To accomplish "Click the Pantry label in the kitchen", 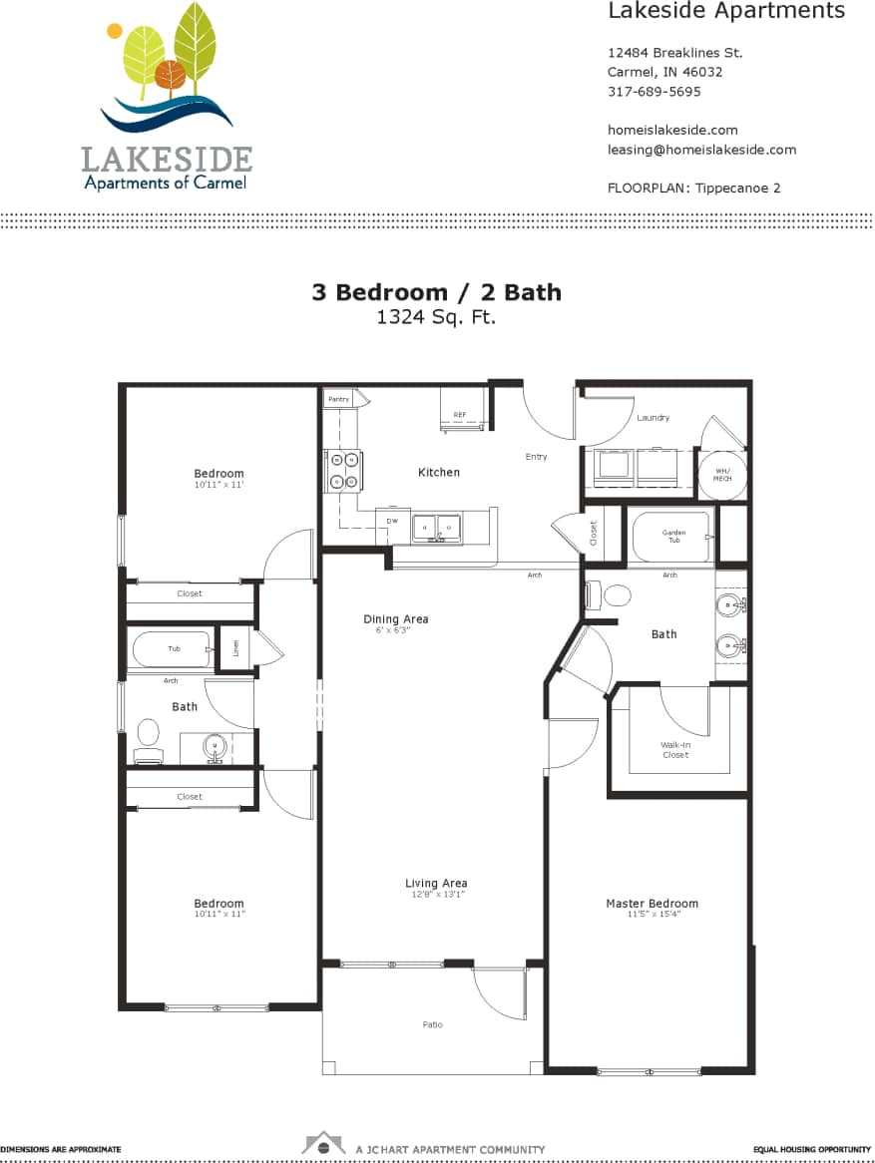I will point(339,399).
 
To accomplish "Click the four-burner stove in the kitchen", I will point(344,471).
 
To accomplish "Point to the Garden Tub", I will point(673,537).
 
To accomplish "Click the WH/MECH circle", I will point(721,475).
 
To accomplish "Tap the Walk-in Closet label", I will point(675,750).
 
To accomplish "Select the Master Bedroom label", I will point(652,904).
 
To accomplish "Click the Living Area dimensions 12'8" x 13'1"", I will point(435,895).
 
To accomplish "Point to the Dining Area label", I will point(395,619).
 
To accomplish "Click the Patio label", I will point(432,1024).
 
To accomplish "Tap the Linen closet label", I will point(235,647).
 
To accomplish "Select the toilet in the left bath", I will point(149,736).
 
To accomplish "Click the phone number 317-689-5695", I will point(654,92).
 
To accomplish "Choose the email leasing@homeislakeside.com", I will point(701,150).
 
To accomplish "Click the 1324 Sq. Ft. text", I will point(436,318).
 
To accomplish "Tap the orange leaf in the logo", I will point(171,74).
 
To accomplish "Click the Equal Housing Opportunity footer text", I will point(812,1149).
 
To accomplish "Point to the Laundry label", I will point(654,418).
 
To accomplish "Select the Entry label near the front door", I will point(536,457).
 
